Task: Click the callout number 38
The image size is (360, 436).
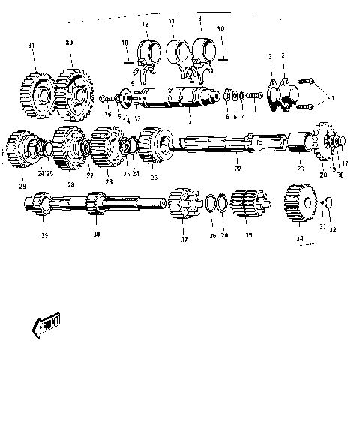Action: coord(96,234)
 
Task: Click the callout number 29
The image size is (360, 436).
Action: coord(22,185)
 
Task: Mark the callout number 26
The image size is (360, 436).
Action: coord(109,181)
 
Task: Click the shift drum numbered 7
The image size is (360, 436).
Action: coord(169,99)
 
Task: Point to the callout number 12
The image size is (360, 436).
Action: coord(145,25)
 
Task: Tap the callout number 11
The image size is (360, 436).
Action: coord(172,22)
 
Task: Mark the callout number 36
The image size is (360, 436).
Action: coord(212,235)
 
